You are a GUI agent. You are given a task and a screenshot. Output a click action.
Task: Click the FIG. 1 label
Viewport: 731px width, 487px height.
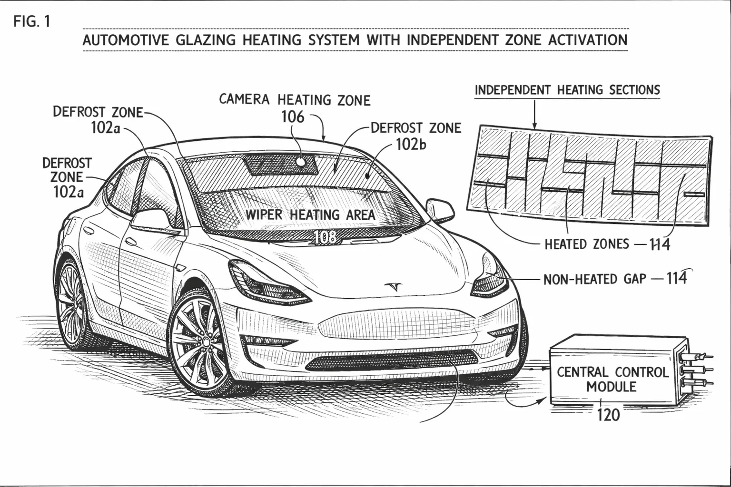pos(32,21)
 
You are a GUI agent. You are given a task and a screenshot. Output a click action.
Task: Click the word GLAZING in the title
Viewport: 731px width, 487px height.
pos(206,40)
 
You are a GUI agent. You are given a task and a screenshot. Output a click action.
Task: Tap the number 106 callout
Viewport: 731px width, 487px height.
pos(293,117)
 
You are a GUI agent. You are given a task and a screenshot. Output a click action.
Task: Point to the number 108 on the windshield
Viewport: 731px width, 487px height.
pos(325,237)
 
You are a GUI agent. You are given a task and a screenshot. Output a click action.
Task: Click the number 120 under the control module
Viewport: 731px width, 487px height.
pos(608,415)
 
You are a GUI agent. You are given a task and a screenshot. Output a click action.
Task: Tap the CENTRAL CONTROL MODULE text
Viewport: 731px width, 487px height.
pos(612,380)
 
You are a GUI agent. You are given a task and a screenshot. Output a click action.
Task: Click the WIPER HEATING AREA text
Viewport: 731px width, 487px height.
pos(310,215)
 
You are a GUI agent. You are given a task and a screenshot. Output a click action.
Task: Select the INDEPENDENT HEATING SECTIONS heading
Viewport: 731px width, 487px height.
pos(567,90)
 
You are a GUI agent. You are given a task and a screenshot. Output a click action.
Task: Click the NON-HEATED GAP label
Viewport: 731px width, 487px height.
pos(594,279)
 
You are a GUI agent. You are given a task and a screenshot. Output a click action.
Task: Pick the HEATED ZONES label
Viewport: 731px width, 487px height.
pos(587,244)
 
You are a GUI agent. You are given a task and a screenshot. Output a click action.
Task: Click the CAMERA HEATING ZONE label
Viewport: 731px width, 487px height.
pos(295,100)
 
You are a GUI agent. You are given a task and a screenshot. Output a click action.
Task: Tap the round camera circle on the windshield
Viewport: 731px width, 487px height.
pos(300,161)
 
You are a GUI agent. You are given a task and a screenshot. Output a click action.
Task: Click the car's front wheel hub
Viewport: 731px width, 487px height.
pos(206,341)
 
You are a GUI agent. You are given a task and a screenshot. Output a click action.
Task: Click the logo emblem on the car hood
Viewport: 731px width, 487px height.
pos(393,286)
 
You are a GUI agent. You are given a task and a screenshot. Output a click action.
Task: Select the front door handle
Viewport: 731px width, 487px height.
pos(131,242)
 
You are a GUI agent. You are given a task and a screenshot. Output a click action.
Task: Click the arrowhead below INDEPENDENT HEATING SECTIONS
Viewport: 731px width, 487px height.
pos(534,126)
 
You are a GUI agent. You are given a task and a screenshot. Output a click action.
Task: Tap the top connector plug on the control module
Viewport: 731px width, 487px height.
pos(695,357)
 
